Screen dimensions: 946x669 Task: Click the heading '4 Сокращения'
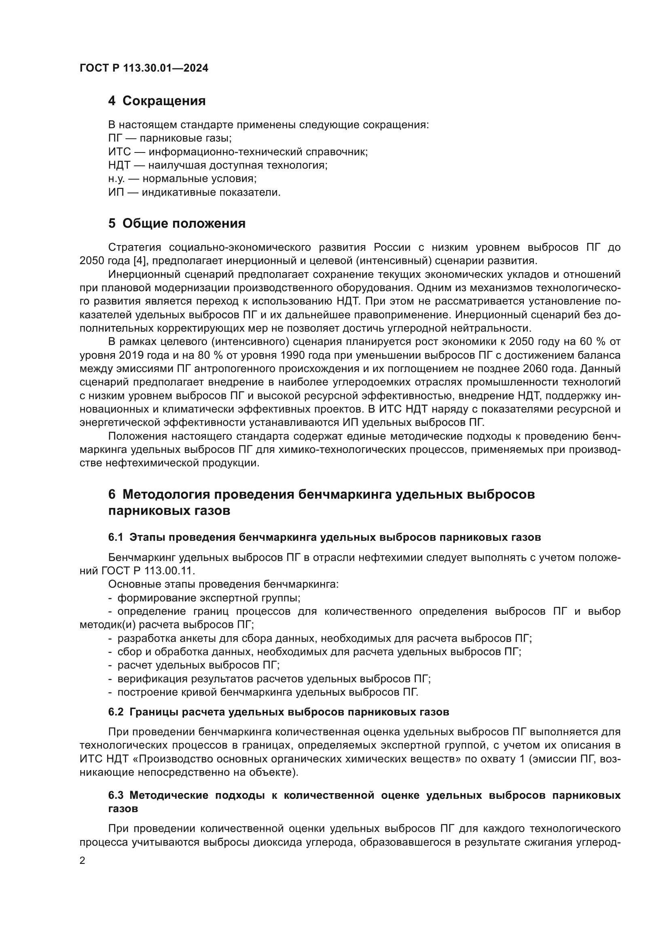(x=157, y=101)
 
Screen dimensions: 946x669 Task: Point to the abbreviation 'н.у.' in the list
(x=116, y=179)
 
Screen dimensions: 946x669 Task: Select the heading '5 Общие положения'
(x=177, y=223)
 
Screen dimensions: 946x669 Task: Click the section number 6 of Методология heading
(x=112, y=494)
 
